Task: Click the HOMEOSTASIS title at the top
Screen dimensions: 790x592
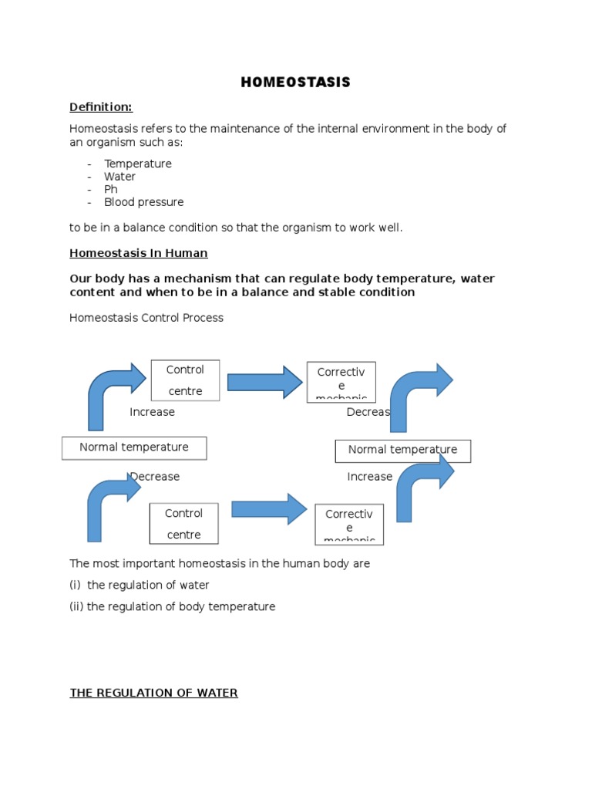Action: [295, 83]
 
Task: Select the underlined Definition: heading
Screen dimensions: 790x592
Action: [101, 106]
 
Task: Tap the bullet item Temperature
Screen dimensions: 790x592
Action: [138, 164]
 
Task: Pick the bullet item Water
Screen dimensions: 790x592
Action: [119, 177]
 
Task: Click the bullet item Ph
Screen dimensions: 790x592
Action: [111, 190]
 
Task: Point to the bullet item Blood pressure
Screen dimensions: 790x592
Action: [144, 202]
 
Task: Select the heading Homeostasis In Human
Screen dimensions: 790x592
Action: [139, 253]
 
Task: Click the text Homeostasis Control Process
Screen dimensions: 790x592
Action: [146, 318]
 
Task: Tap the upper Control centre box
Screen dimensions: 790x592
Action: [185, 380]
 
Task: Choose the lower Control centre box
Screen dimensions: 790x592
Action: [184, 524]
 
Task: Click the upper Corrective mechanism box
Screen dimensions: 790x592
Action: [341, 382]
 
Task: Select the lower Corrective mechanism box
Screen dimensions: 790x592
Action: [349, 525]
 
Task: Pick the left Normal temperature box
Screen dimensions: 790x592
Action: [134, 447]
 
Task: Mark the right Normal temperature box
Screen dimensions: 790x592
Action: [402, 451]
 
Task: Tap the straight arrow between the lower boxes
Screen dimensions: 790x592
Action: [269, 509]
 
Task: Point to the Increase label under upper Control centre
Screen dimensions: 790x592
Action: [152, 412]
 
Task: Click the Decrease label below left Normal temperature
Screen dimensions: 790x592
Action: [155, 477]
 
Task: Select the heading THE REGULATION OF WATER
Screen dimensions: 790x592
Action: [153, 693]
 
